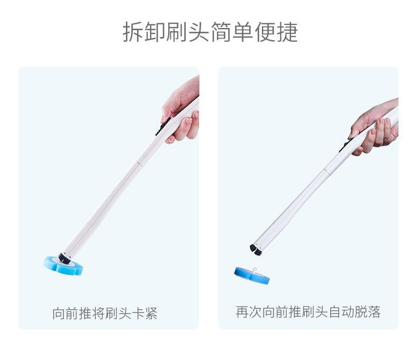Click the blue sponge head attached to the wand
(63, 266)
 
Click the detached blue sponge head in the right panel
(252, 276)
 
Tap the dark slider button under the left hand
(163, 126)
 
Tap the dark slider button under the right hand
(344, 146)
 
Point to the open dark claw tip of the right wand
(256, 250)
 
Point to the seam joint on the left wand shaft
(139, 163)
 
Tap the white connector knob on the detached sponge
(255, 270)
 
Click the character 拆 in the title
(133, 32)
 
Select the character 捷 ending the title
(287, 32)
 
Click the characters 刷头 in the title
(188, 32)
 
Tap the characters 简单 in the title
(232, 32)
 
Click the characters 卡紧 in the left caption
(144, 313)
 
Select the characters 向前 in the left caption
(65, 313)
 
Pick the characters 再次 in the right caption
(249, 312)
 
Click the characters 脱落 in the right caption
(368, 312)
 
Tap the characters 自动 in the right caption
(341, 312)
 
